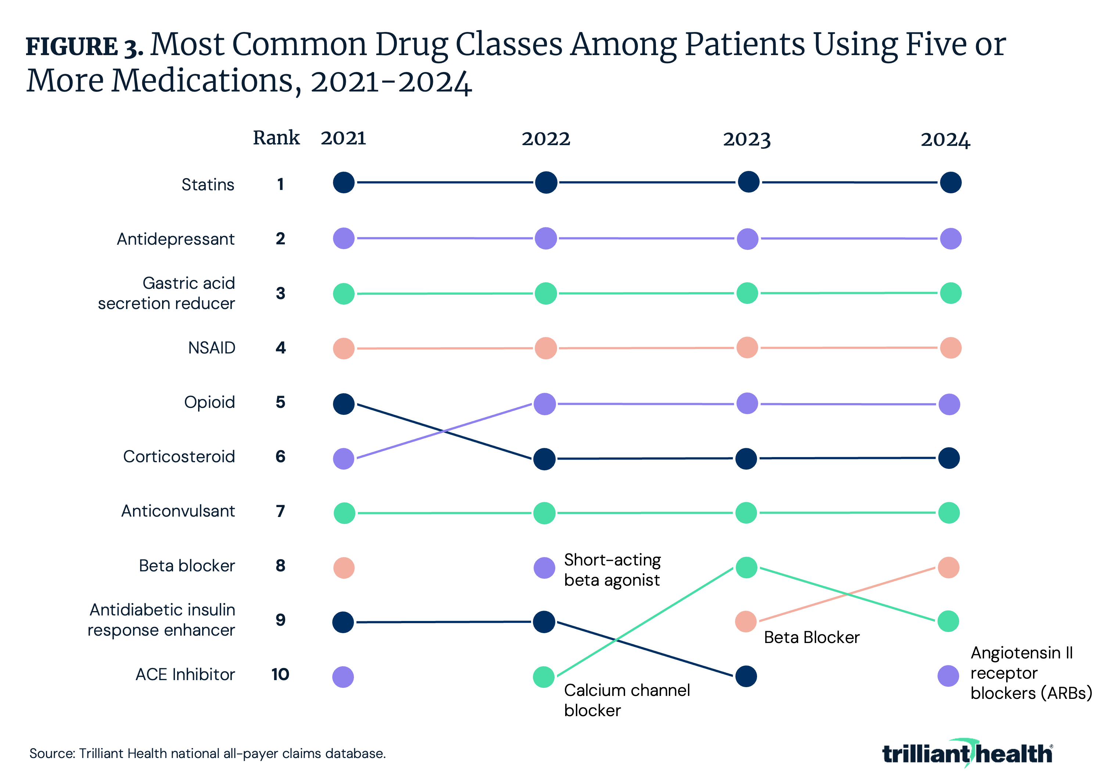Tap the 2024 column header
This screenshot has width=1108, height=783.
[x=945, y=140]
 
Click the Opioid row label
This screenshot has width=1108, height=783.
[x=209, y=402]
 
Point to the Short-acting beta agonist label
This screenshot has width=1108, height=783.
[x=612, y=570]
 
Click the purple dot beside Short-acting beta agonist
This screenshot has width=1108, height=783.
[x=544, y=568]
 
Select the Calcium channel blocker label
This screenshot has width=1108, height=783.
[x=626, y=700]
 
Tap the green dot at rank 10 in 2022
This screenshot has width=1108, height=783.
[x=544, y=677]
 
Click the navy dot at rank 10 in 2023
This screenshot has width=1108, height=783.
[x=746, y=676]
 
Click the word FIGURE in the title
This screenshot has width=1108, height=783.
[x=71, y=47]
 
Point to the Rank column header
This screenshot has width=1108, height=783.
[x=276, y=138]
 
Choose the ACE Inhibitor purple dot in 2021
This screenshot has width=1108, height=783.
[x=343, y=677]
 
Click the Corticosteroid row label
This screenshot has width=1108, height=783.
[x=179, y=456]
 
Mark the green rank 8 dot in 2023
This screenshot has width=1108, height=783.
[x=746, y=568]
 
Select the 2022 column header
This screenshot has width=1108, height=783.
[x=546, y=139]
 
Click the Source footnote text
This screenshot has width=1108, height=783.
[x=208, y=754]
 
